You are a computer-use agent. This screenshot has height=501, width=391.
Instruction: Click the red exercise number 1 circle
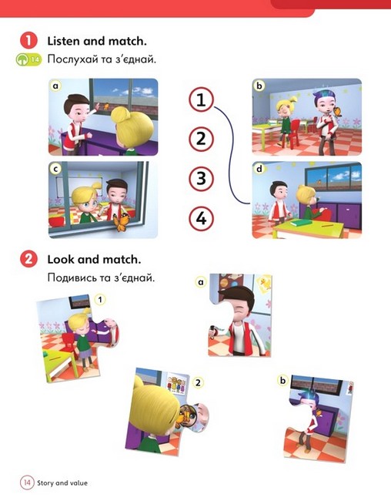(x=28, y=41)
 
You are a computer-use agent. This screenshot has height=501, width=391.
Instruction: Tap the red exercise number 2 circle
(x=28, y=259)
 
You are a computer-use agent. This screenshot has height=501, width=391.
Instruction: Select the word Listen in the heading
(x=63, y=41)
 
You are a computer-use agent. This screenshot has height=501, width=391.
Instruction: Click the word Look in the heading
(x=61, y=260)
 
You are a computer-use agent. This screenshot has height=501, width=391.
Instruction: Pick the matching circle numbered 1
(x=201, y=99)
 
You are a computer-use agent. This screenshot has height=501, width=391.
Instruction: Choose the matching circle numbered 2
(x=201, y=139)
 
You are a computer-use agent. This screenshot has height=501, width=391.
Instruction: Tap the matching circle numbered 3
(x=201, y=179)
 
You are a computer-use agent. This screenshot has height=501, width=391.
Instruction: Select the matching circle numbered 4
(x=201, y=219)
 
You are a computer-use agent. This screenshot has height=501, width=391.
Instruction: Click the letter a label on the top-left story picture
(x=56, y=86)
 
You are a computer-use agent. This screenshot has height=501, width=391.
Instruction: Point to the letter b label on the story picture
(x=259, y=86)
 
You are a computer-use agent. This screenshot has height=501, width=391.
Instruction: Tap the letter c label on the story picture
(x=56, y=170)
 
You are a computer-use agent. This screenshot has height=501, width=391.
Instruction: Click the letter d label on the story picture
(x=259, y=169)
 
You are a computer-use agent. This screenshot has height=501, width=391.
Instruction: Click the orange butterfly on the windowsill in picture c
(x=120, y=223)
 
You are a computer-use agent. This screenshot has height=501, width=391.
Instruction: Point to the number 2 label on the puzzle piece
(x=198, y=382)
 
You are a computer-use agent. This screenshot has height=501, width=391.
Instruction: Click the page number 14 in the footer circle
(x=27, y=482)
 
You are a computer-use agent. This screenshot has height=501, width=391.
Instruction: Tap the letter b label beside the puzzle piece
(x=282, y=381)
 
